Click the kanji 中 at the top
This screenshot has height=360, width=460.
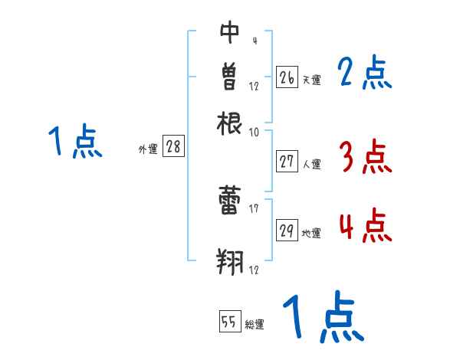point(230,31)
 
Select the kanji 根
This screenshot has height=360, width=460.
point(230,122)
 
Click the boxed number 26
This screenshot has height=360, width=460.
point(287,77)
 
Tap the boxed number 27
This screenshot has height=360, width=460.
point(287,162)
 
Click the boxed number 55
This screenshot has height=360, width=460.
point(228,322)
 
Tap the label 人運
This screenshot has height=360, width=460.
point(312,164)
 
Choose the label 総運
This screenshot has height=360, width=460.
point(255,325)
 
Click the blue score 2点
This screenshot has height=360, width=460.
point(365,74)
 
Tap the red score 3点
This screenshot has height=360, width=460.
point(365,158)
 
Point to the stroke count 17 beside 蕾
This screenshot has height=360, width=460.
point(253,208)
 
